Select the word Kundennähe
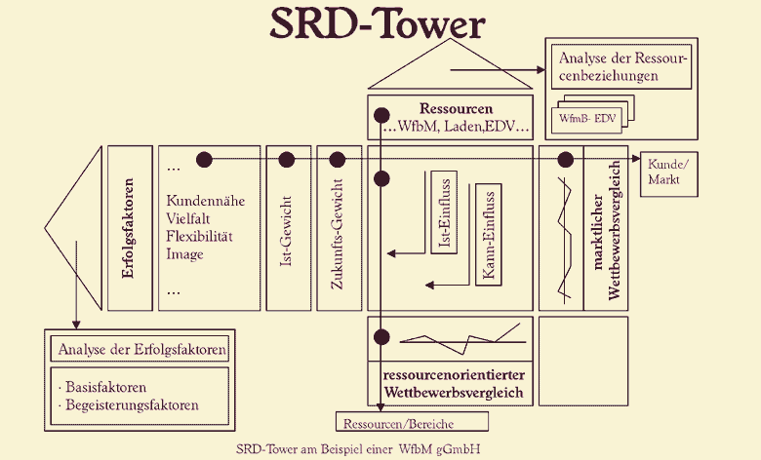tap(206, 201)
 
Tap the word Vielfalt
tap(189, 218)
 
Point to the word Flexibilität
tap(199, 237)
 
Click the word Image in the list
tap(185, 254)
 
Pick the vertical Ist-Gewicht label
tap(286, 239)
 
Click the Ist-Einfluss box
tap(443, 213)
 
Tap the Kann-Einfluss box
tap(489, 234)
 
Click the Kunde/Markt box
tap(667, 172)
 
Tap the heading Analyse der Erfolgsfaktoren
tap(142, 349)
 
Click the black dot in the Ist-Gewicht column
tap(286, 159)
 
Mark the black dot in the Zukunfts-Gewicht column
tap(339, 159)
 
